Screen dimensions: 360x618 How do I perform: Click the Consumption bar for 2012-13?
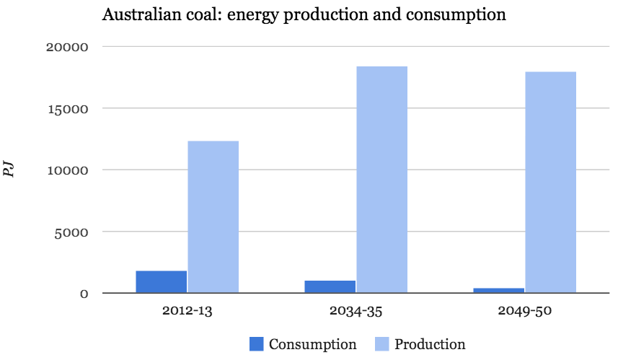161,282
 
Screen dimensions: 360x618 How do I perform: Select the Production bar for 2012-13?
213,217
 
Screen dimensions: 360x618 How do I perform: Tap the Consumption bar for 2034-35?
330,287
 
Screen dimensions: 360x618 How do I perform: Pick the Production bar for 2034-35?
381,180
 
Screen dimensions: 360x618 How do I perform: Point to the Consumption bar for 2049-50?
498,291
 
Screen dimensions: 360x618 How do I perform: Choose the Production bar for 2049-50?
550,183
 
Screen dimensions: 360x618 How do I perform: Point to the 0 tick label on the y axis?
84,294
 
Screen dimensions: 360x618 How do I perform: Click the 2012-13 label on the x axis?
187,312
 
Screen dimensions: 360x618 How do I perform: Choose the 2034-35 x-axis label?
356,312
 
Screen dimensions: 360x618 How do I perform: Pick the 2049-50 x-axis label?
524,312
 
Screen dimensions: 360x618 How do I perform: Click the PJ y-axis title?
10,170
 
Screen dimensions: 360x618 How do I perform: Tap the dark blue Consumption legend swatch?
257,344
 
